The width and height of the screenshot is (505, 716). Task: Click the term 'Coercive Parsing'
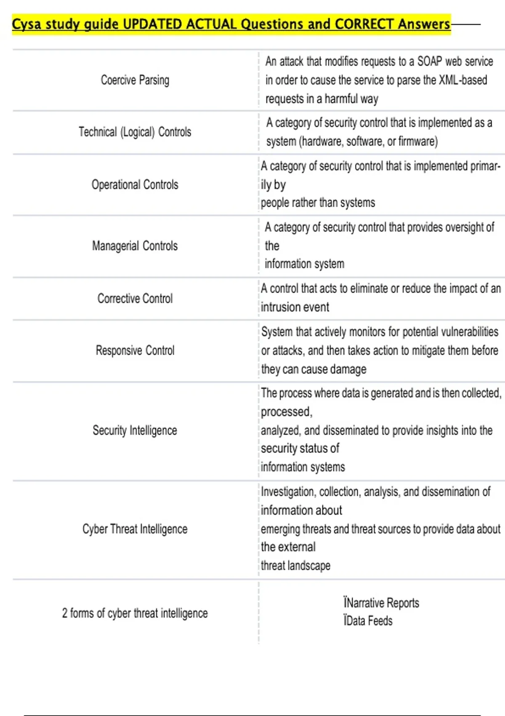(x=135, y=80)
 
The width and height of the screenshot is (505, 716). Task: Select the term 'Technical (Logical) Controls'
(x=135, y=132)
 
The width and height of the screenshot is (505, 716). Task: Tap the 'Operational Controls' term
(x=135, y=184)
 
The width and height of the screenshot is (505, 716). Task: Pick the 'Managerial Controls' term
(x=135, y=246)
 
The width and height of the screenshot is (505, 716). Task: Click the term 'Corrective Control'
(x=135, y=299)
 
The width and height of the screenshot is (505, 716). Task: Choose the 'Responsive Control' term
(x=135, y=350)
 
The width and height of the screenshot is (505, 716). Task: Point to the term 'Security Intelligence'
(x=135, y=430)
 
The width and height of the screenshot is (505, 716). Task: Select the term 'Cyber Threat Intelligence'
(x=135, y=529)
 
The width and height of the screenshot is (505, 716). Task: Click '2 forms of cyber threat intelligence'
(x=135, y=613)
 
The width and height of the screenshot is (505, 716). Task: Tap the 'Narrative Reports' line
(x=381, y=603)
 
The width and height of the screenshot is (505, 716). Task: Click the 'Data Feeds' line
(x=368, y=621)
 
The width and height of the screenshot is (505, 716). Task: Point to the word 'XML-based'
(x=463, y=80)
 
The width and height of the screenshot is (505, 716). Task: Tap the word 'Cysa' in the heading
(x=27, y=24)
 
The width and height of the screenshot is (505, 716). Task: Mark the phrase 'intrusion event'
(x=295, y=307)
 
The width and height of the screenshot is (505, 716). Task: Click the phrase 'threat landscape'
(x=295, y=566)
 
